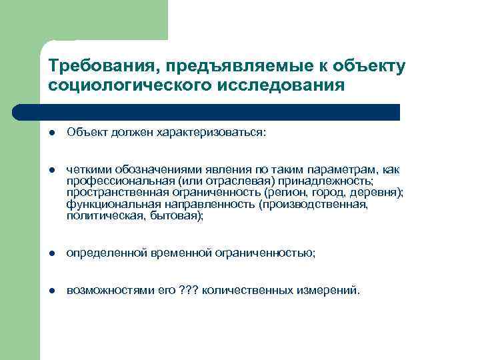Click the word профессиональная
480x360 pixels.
[121, 182]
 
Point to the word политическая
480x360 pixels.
[102, 216]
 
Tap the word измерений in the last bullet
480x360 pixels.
[327, 291]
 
